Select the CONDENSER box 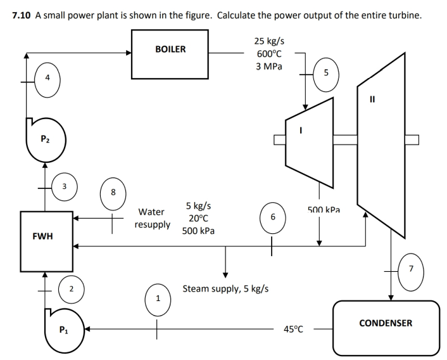[386, 327]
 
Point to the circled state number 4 [47, 79]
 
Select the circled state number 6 [272, 217]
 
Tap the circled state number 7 [411, 269]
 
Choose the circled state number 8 [113, 191]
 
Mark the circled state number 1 [158, 298]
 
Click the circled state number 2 [71, 290]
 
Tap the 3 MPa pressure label [269, 67]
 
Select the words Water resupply [152, 218]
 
